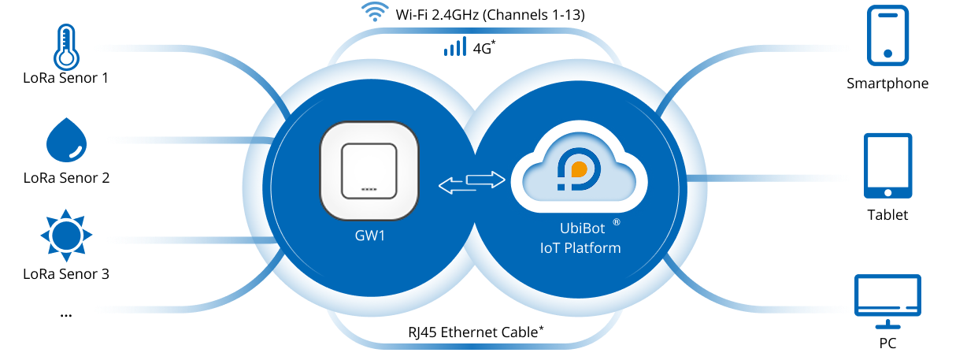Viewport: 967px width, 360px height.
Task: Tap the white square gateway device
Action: click(x=368, y=171)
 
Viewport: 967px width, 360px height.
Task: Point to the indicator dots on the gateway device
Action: click(x=368, y=190)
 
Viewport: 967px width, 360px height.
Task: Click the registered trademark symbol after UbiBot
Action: click(x=617, y=223)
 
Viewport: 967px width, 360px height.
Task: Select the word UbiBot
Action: click(x=580, y=231)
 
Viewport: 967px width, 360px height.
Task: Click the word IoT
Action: click(x=550, y=248)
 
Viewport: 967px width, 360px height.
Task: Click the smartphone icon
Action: click(x=887, y=35)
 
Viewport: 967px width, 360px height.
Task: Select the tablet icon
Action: click(x=888, y=165)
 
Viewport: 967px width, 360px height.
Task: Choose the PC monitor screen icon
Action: click(x=887, y=295)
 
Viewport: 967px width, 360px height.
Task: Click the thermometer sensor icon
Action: click(x=66, y=43)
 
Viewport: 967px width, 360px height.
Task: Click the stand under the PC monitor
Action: click(x=887, y=328)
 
